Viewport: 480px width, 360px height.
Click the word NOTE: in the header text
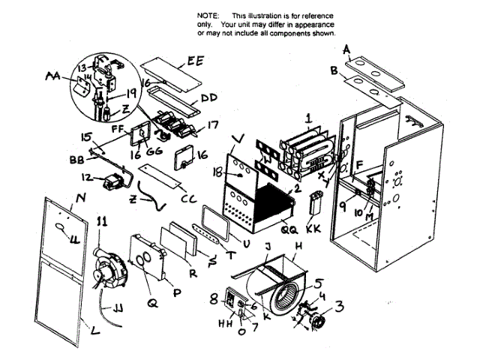207,16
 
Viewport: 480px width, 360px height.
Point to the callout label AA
53,75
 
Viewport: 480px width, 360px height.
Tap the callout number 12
87,178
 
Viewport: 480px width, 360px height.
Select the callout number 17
213,126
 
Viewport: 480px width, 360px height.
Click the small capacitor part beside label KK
316,204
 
